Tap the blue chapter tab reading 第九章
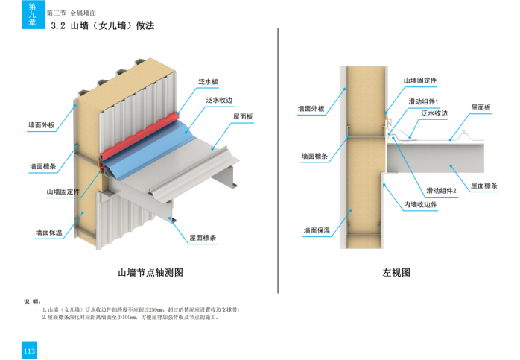pyautogui.click(x=31, y=14)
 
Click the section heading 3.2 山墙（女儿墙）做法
pyautogui.click(x=102, y=26)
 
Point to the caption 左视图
pyautogui.click(x=396, y=272)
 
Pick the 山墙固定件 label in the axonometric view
pyautogui.click(x=64, y=192)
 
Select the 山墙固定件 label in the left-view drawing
pyautogui.click(x=420, y=80)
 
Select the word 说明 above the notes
pyautogui.click(x=31, y=302)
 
